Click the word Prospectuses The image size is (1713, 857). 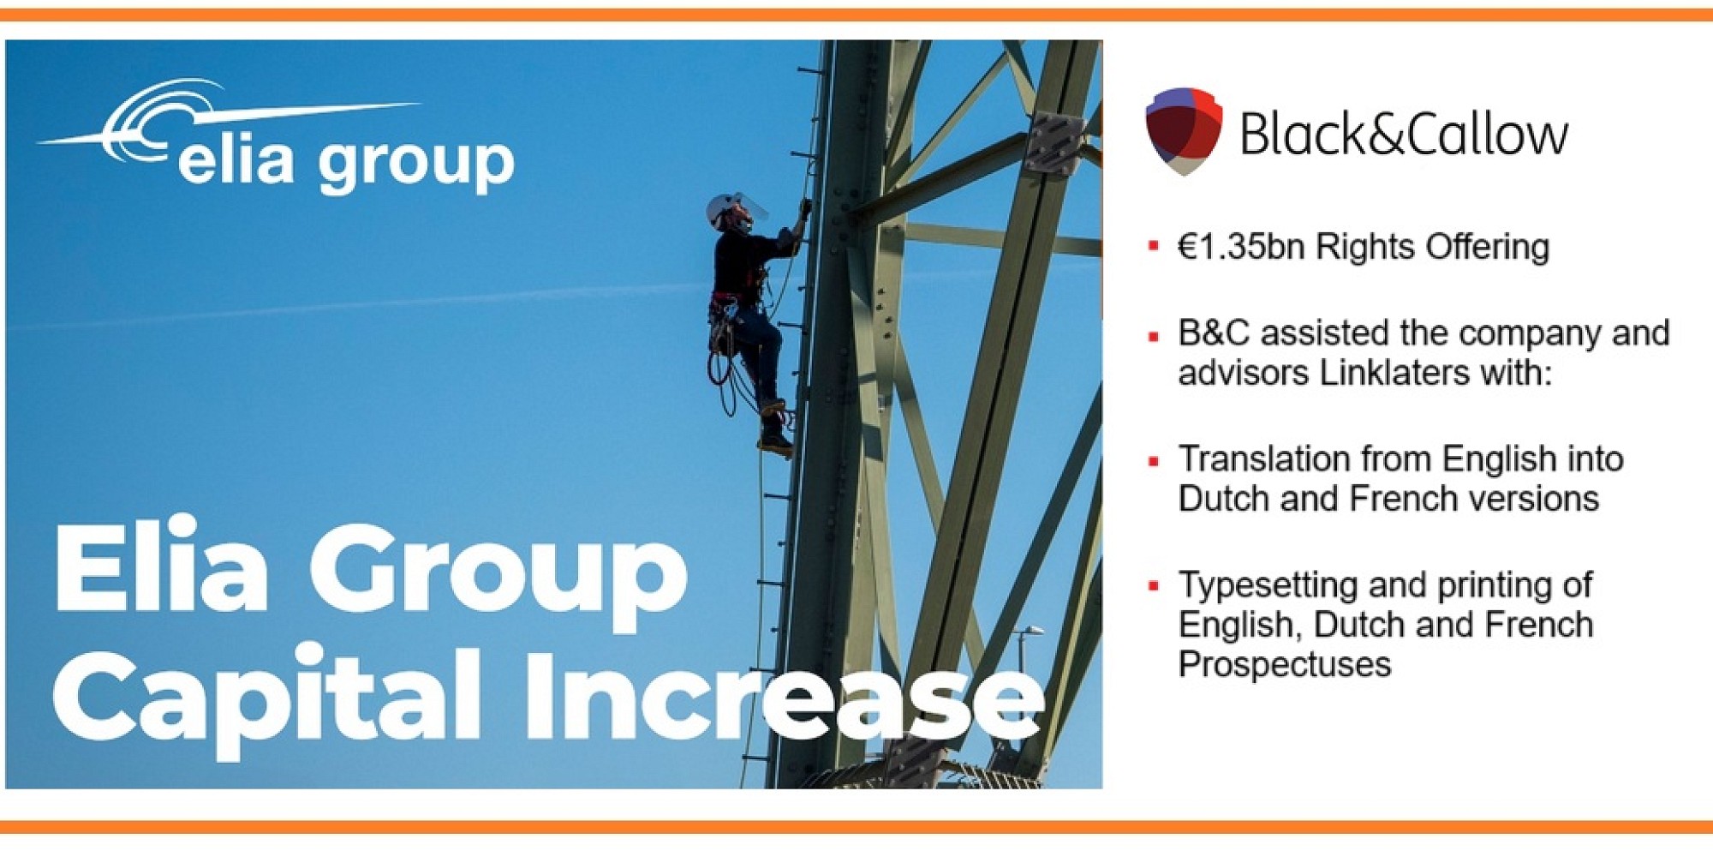[1284, 665]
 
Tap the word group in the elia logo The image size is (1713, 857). [415, 163]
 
